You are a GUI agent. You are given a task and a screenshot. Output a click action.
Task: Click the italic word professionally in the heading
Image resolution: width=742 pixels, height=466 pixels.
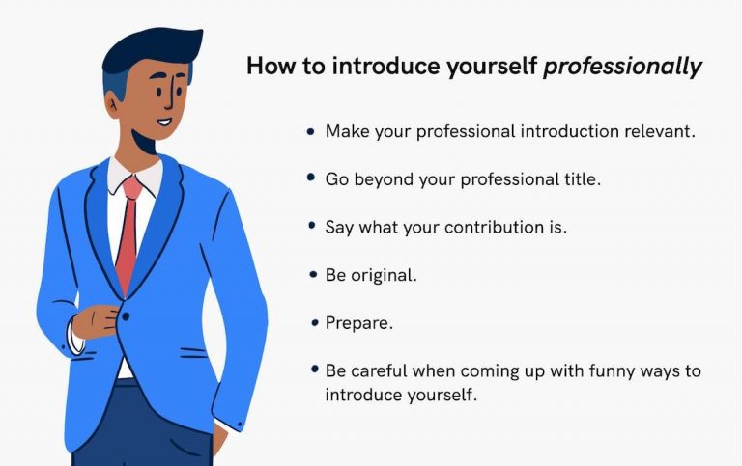(x=622, y=67)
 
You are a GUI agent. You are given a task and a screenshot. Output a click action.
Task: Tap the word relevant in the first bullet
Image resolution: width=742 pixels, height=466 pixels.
(x=661, y=131)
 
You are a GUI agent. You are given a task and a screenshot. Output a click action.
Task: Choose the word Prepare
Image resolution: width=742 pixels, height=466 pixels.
(x=358, y=323)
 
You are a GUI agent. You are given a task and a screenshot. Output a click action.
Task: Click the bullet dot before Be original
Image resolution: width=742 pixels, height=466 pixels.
(x=312, y=275)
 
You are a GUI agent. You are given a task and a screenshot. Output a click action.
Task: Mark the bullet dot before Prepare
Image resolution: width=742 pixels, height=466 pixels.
(x=312, y=323)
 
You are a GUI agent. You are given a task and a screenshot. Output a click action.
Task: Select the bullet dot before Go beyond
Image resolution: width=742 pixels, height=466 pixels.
(x=312, y=178)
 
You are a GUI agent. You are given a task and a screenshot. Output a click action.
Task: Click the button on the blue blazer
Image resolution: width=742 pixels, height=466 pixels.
(x=124, y=314)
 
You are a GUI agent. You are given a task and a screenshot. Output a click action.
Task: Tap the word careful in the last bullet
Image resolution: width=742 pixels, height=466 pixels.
(x=385, y=370)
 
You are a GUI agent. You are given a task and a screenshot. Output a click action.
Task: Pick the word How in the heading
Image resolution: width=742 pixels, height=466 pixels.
(x=267, y=67)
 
